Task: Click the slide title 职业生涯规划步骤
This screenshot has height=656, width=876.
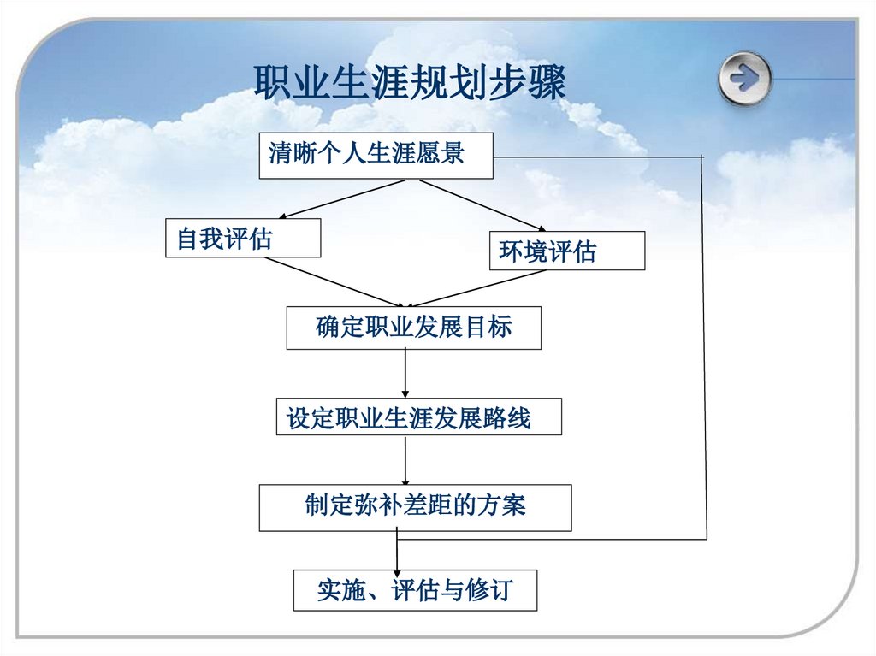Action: click(x=410, y=85)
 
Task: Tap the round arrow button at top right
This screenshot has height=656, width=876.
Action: click(x=744, y=79)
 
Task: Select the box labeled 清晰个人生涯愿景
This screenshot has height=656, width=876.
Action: click(x=376, y=155)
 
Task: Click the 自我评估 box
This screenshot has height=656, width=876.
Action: click(x=243, y=238)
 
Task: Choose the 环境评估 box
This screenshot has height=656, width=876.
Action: click(x=566, y=251)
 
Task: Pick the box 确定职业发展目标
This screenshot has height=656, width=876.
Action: click(x=413, y=328)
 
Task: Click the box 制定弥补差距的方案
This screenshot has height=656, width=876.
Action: click(x=415, y=507)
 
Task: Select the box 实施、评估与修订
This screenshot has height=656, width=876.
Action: click(x=415, y=590)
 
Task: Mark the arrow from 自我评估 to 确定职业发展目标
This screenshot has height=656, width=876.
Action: click(x=334, y=282)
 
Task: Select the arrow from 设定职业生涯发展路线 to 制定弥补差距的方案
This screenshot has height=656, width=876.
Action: click(x=405, y=459)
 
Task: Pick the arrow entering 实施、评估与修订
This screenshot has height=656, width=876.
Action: click(x=397, y=552)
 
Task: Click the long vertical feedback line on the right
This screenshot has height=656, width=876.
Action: click(x=705, y=342)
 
